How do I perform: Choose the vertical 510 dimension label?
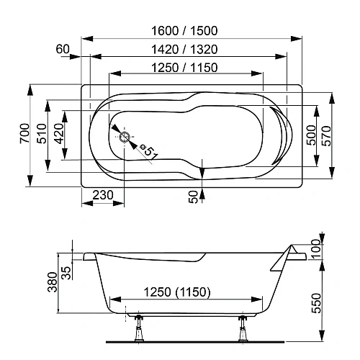(42, 134)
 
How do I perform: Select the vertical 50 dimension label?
(194, 196)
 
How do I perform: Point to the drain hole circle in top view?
(124, 138)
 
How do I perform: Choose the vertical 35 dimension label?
(67, 272)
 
